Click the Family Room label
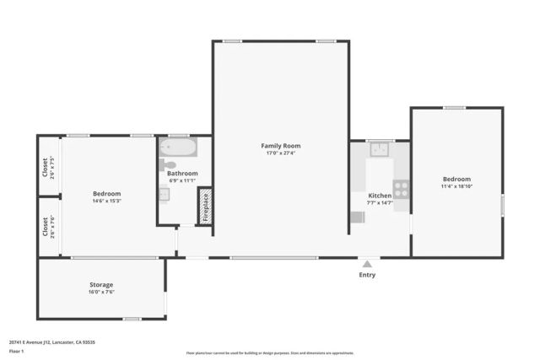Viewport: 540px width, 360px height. click(280, 146)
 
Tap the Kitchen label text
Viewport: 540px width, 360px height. click(380, 196)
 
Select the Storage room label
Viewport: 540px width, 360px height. click(101, 284)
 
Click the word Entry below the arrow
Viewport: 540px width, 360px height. click(367, 275)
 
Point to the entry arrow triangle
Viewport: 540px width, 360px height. click(367, 264)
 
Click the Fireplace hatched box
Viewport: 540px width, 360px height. click(204, 206)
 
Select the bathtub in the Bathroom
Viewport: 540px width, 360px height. click(178, 150)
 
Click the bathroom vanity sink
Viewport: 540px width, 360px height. click(165, 194)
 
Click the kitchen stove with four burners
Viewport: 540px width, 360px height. click(401, 190)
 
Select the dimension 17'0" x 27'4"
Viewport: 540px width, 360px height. click(280, 153)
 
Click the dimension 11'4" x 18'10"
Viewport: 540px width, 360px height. click(456, 186)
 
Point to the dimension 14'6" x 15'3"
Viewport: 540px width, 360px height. click(106, 201)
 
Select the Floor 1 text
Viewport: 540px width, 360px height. click(16, 351)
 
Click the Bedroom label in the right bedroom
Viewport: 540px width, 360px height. click(456, 179)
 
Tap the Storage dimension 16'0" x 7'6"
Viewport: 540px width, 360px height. click(101, 292)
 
